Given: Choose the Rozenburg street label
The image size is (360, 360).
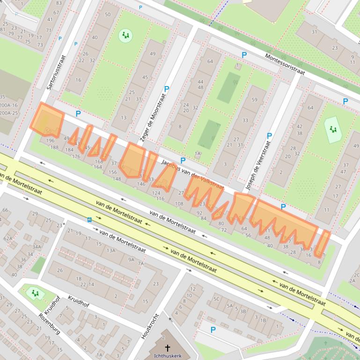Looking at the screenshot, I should pos(50,325).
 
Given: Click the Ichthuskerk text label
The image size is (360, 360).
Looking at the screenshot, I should pos(168,356).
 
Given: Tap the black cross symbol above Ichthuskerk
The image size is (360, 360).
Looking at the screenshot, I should pos(168,348).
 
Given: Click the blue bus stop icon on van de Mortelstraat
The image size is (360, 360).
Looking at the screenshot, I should pos(89,220).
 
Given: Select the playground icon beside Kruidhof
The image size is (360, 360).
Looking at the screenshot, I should pos(34,293).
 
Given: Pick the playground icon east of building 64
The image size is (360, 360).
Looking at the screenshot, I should pos(333,129).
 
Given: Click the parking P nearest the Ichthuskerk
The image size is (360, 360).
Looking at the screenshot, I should pos(213,330).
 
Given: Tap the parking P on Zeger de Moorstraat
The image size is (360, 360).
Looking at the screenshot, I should pos(166,89).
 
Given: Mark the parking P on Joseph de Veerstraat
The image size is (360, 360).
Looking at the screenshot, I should pos(269,136).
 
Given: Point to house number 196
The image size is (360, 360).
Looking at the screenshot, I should pos(51,141).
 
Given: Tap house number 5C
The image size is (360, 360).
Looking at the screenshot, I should pos(216,299).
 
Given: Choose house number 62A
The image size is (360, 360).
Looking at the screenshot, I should pos(8,238).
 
